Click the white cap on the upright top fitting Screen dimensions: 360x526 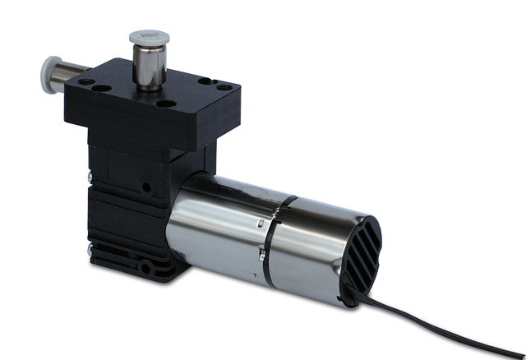[x=148, y=37]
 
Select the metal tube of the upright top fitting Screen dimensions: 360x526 [x=148, y=66]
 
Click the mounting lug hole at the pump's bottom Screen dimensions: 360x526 [x=145, y=269]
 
